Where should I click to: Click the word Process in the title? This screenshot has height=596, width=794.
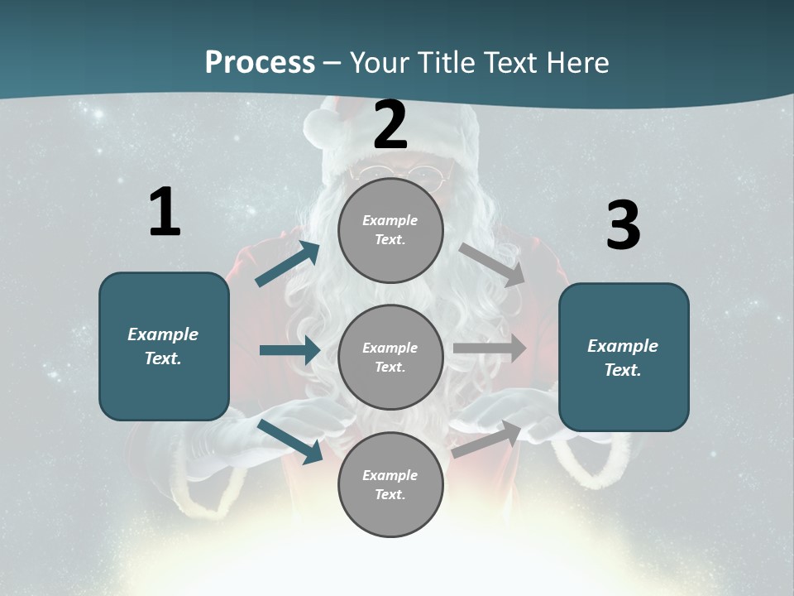[260, 63]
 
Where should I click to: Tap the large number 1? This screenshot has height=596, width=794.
[165, 213]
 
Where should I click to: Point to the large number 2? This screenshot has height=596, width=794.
[390, 125]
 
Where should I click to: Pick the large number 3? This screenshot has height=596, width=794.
[623, 225]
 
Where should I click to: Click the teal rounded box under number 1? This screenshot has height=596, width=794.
[164, 346]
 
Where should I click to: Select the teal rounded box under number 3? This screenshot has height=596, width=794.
[624, 358]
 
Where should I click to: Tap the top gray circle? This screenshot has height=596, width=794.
[390, 229]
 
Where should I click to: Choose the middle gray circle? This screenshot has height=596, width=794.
[390, 357]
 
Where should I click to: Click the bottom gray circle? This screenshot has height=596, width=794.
[390, 484]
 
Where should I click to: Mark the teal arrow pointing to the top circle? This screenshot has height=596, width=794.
[288, 264]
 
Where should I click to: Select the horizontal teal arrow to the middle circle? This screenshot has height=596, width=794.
[289, 350]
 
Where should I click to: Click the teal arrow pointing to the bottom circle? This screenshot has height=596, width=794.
[290, 441]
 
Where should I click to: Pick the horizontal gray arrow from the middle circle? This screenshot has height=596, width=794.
[490, 348]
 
